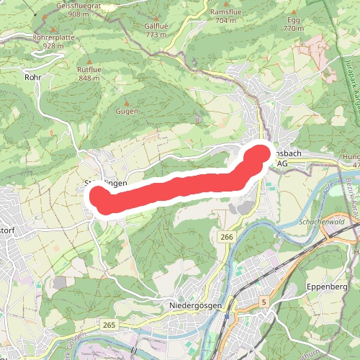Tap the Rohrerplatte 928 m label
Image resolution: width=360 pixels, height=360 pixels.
tap(54, 40)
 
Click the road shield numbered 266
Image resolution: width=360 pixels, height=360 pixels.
tap(227, 237)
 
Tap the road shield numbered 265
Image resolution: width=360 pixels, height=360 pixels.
tap(109, 325)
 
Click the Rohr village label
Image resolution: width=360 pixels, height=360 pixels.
tap(32, 76)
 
